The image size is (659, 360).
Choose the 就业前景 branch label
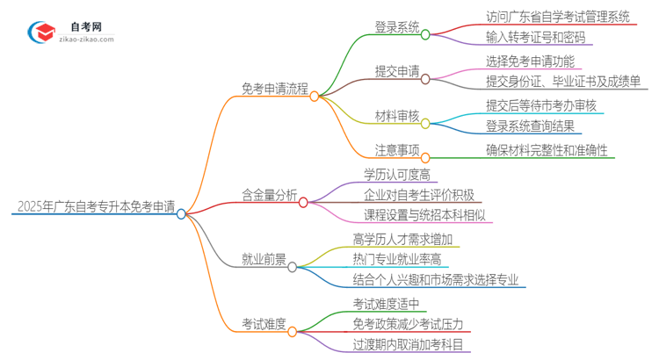pos(264,258)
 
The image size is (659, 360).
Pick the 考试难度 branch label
pos(264,323)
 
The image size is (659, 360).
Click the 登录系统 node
pos(386,26)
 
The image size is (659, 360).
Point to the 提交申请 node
pos(386,69)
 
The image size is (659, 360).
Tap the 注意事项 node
pos(386,149)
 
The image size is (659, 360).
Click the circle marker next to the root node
pos(181,213)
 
